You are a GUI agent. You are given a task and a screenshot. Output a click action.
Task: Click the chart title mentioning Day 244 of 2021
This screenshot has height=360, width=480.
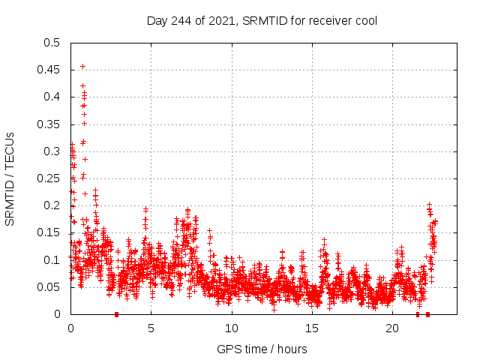(262, 20)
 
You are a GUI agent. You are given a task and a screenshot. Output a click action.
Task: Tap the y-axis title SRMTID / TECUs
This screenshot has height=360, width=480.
(10, 178)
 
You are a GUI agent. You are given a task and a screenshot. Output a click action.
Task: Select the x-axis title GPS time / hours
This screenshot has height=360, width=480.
(262, 349)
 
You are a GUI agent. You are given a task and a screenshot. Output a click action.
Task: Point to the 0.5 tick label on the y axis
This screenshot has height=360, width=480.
(52, 43)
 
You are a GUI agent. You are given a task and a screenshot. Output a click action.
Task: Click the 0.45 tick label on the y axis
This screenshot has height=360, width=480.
(49, 70)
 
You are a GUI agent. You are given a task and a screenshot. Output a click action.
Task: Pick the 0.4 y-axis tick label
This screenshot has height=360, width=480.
(52, 97)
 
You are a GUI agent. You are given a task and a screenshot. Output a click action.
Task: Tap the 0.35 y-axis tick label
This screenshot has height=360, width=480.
(49, 124)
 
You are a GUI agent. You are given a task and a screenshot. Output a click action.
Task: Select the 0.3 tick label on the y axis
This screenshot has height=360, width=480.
(52, 151)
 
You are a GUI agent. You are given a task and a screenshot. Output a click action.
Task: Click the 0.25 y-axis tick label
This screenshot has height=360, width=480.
(49, 178)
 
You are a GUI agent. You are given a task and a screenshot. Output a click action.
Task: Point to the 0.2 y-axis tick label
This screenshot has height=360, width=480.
(52, 205)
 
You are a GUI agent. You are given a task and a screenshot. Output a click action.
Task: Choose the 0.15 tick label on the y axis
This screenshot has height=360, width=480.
(49, 232)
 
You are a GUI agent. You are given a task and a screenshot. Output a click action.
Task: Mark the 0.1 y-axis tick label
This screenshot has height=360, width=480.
(52, 260)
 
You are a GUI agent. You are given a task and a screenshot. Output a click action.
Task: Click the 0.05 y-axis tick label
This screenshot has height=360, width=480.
(49, 287)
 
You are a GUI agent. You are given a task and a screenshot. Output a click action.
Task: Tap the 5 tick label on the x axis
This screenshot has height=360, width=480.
(151, 328)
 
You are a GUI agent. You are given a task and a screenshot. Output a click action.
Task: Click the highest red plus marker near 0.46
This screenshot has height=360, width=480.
(82, 66)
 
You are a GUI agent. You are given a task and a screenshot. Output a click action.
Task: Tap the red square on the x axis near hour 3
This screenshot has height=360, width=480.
(116, 314)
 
